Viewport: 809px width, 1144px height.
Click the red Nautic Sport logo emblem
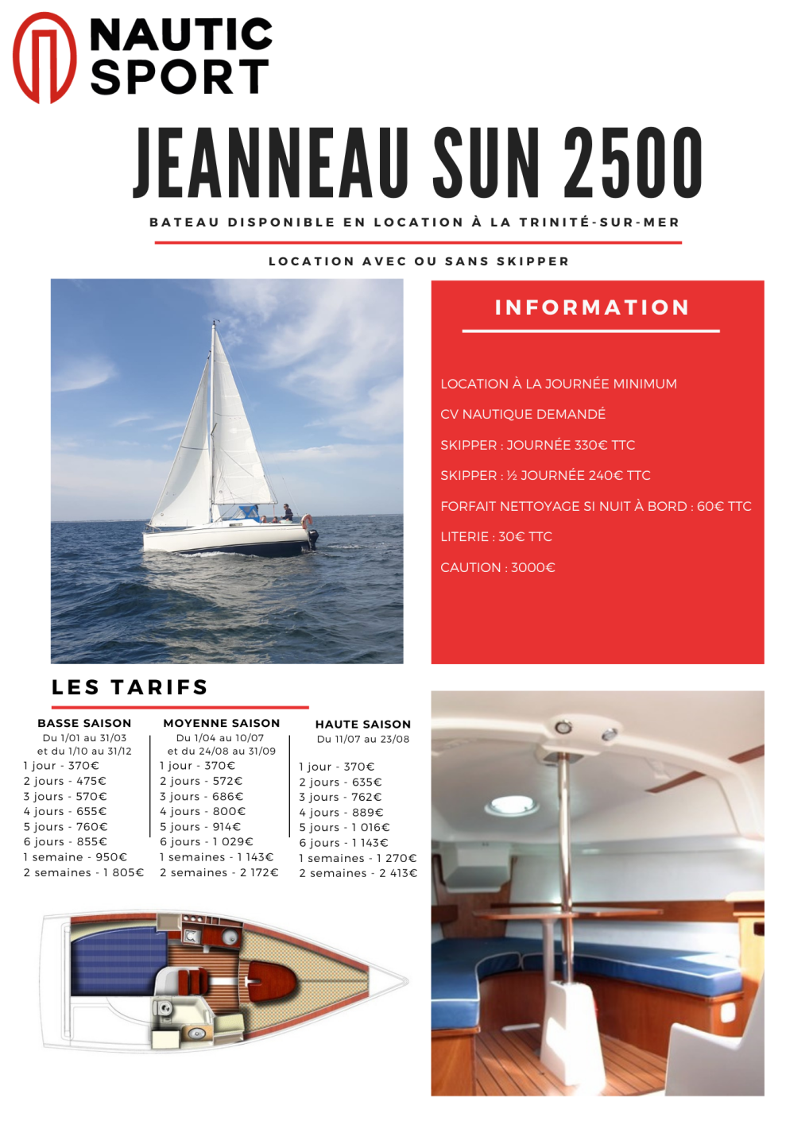45,58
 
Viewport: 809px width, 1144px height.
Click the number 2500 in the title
633,164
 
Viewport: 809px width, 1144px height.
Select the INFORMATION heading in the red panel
592,307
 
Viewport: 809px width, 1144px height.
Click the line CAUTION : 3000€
497,567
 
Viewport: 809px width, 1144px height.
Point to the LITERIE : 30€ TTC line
496,537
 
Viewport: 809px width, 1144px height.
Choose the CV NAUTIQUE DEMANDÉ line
522,414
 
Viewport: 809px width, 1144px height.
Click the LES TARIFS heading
130,687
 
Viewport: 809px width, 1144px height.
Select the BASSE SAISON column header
84,723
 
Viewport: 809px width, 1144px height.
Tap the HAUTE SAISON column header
362,725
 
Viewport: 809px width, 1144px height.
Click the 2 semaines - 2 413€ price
358,873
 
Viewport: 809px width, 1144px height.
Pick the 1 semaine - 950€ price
75,857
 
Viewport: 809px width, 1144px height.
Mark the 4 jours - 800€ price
203,811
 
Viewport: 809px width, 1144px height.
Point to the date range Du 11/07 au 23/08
362,739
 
